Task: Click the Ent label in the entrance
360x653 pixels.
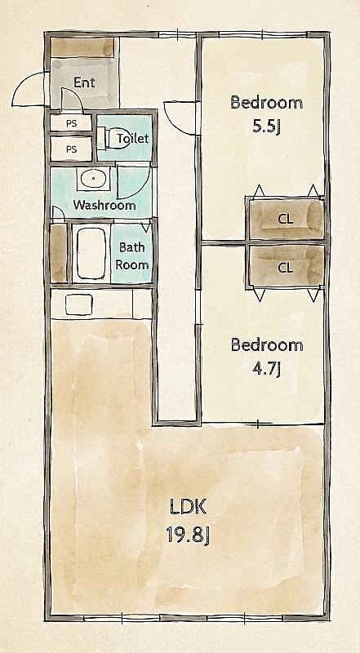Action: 84,82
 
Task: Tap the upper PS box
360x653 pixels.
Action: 71,123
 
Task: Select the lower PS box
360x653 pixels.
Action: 71,149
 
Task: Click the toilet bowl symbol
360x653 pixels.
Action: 109,138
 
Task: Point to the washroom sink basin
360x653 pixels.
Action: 93,179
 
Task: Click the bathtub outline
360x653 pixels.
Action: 91,254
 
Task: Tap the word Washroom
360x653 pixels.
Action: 104,205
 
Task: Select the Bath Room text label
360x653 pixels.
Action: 132,255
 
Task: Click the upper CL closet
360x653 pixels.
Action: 286,220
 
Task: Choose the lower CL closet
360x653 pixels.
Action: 286,266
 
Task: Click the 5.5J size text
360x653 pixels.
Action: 266,127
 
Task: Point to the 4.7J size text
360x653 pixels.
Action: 266,369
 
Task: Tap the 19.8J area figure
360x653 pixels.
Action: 188,534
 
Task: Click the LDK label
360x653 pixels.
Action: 188,508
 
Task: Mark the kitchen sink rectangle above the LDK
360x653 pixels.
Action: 79,304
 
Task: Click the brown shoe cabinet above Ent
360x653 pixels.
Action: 82,47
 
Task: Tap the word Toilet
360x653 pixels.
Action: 133,138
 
